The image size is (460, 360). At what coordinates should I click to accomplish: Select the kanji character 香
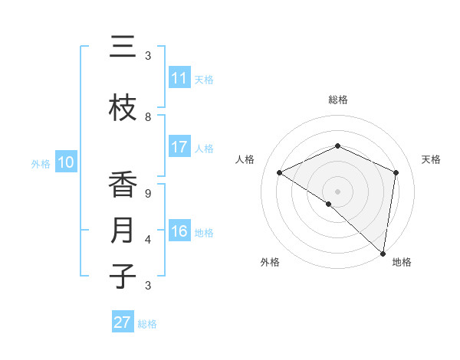tap(123, 185)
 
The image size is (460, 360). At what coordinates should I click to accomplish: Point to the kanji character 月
tap(123, 231)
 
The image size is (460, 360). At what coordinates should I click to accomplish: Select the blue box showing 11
tap(179, 78)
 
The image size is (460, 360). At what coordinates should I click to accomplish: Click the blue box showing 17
tap(179, 148)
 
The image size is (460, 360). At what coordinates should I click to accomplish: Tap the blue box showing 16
tap(179, 232)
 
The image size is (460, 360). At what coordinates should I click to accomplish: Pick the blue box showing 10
tap(65, 162)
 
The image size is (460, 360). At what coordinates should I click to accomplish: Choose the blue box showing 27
tap(123, 322)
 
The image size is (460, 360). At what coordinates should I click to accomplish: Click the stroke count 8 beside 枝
tap(148, 117)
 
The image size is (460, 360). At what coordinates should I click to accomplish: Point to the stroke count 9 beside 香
tap(148, 194)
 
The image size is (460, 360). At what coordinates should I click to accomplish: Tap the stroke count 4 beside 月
tap(148, 240)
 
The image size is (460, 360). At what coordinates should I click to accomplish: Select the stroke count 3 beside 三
tap(148, 56)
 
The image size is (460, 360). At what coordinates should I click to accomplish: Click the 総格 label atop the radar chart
tap(337, 100)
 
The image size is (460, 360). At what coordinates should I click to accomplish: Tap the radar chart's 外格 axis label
tap(270, 262)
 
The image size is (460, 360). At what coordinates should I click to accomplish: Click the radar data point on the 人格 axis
tap(280, 173)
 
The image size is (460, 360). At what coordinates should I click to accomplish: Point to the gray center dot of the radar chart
tap(337, 191)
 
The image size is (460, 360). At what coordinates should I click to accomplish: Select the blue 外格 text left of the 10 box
tap(40, 163)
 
